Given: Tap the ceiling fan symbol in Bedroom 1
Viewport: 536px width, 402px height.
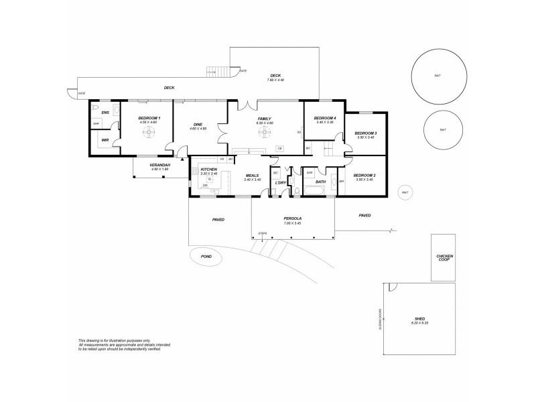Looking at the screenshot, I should [x=148, y=132].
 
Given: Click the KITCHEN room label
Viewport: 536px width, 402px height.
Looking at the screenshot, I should [x=209, y=170].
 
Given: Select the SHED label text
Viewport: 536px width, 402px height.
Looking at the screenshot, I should [x=419, y=319].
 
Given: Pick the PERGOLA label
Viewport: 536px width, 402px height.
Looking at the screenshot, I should [x=292, y=218].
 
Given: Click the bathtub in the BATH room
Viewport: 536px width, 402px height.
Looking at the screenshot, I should [x=315, y=192].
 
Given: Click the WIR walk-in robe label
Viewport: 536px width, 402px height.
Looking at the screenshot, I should [x=105, y=140].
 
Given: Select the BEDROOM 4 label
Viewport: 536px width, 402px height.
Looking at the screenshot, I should [x=325, y=119].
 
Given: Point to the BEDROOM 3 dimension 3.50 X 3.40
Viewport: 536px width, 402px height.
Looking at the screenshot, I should [x=365, y=137].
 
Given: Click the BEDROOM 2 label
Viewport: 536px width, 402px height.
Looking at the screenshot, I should [x=364, y=175].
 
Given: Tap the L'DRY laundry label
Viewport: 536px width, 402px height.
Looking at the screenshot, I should [x=281, y=182].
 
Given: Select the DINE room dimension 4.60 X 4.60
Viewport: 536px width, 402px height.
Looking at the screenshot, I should [x=198, y=129].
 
